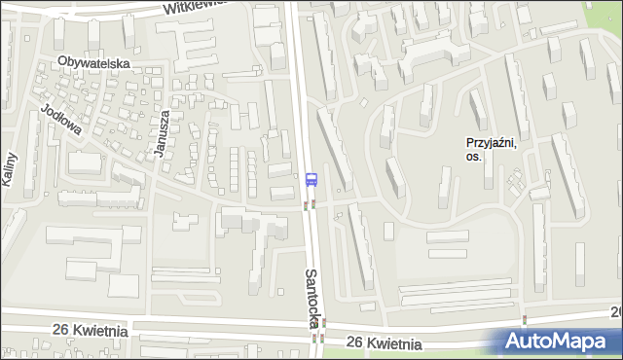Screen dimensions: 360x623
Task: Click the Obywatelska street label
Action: pyautogui.click(x=93, y=62)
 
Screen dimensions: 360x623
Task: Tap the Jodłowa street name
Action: pyautogui.click(x=60, y=123)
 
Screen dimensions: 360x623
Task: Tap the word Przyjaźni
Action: pyautogui.click(x=492, y=142)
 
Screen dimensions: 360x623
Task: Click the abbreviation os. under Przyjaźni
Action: pyautogui.click(x=474, y=157)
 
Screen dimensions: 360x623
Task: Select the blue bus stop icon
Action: pyautogui.click(x=311, y=179)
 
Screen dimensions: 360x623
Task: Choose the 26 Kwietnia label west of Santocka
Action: pyautogui.click(x=92, y=331)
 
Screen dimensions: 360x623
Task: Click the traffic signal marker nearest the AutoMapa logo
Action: pyautogui.click(x=525, y=319)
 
